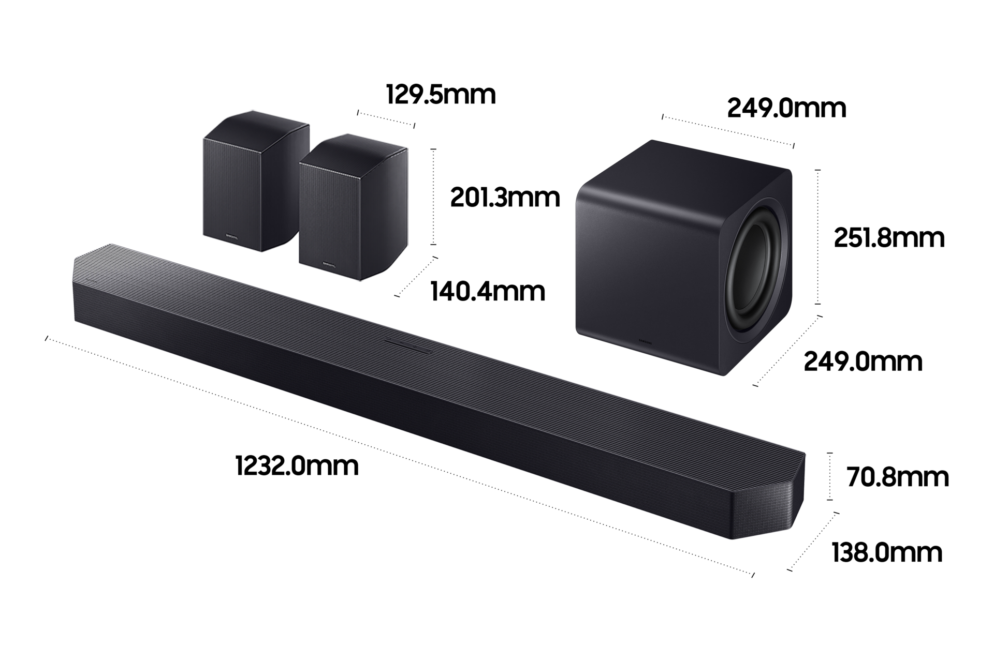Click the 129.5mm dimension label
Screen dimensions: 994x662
(x=441, y=95)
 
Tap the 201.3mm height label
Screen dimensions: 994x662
(x=505, y=198)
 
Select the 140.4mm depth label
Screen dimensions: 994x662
(x=488, y=292)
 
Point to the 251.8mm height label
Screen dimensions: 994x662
(x=889, y=238)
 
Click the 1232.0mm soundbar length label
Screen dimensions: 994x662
(x=297, y=465)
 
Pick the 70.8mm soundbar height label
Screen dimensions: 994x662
(x=898, y=477)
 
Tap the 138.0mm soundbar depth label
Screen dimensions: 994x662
(x=887, y=552)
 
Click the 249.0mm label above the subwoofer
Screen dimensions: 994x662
(x=786, y=108)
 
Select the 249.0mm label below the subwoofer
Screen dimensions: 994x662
(x=863, y=361)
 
